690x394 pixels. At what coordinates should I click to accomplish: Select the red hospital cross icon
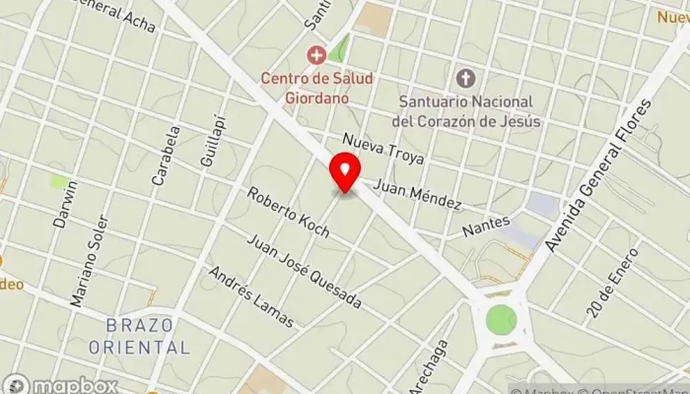(x=315, y=54)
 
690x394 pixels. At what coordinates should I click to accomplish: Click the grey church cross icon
(x=466, y=78)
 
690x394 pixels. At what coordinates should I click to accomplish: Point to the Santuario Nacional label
(x=466, y=110)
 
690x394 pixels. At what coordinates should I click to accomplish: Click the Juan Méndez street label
(x=417, y=193)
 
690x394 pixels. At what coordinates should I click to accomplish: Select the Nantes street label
(x=487, y=226)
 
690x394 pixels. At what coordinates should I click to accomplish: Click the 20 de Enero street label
(x=612, y=280)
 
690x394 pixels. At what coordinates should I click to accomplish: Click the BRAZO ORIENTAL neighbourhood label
(x=138, y=335)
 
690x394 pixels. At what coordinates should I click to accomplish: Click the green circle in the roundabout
(x=501, y=319)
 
